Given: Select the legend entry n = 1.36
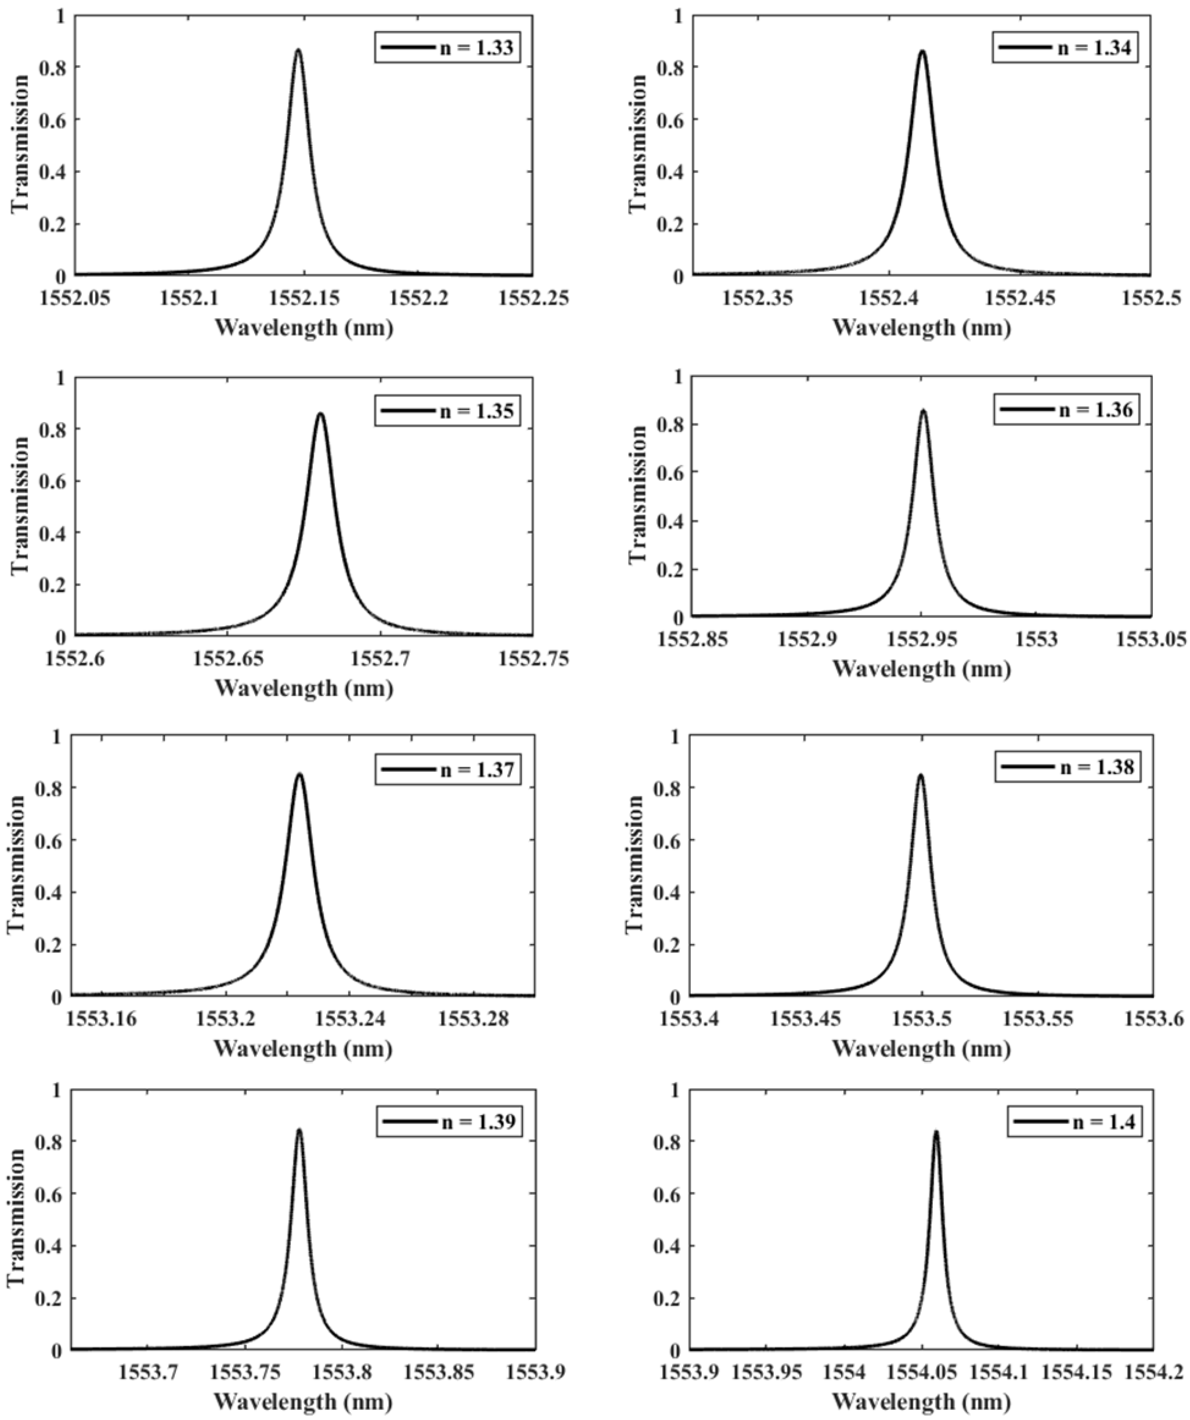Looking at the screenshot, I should tap(1067, 410).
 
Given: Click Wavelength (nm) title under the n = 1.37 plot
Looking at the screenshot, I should tap(304, 1049).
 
